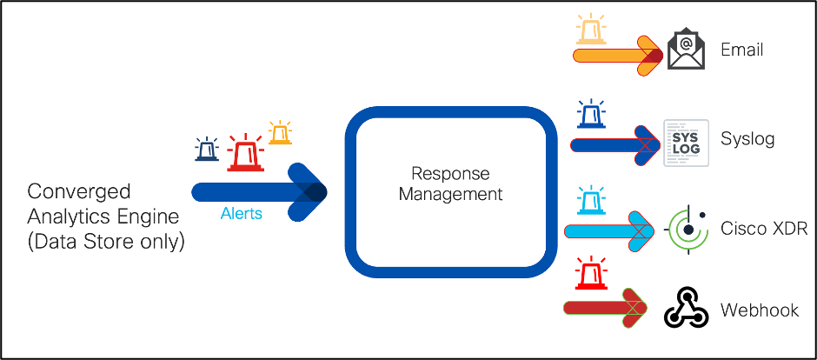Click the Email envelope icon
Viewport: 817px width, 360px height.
click(686, 50)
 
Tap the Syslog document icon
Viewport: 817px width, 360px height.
click(686, 142)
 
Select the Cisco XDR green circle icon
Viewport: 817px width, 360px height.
click(687, 230)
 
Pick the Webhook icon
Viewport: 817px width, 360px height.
click(687, 307)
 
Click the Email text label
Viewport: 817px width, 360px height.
click(742, 50)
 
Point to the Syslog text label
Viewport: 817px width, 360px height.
click(747, 139)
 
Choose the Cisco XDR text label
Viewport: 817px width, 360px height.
click(764, 229)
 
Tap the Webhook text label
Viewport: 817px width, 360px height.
click(760, 310)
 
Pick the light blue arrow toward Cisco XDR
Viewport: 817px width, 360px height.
click(608, 230)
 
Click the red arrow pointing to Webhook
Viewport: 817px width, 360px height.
click(605, 307)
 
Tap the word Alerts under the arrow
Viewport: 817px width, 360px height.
click(241, 214)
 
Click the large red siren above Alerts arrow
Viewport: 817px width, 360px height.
click(245, 153)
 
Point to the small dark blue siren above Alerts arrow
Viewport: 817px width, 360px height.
click(207, 150)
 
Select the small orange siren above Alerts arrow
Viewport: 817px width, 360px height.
click(280, 132)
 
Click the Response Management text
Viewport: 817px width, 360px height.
click(450, 183)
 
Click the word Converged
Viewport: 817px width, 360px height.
click(79, 191)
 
